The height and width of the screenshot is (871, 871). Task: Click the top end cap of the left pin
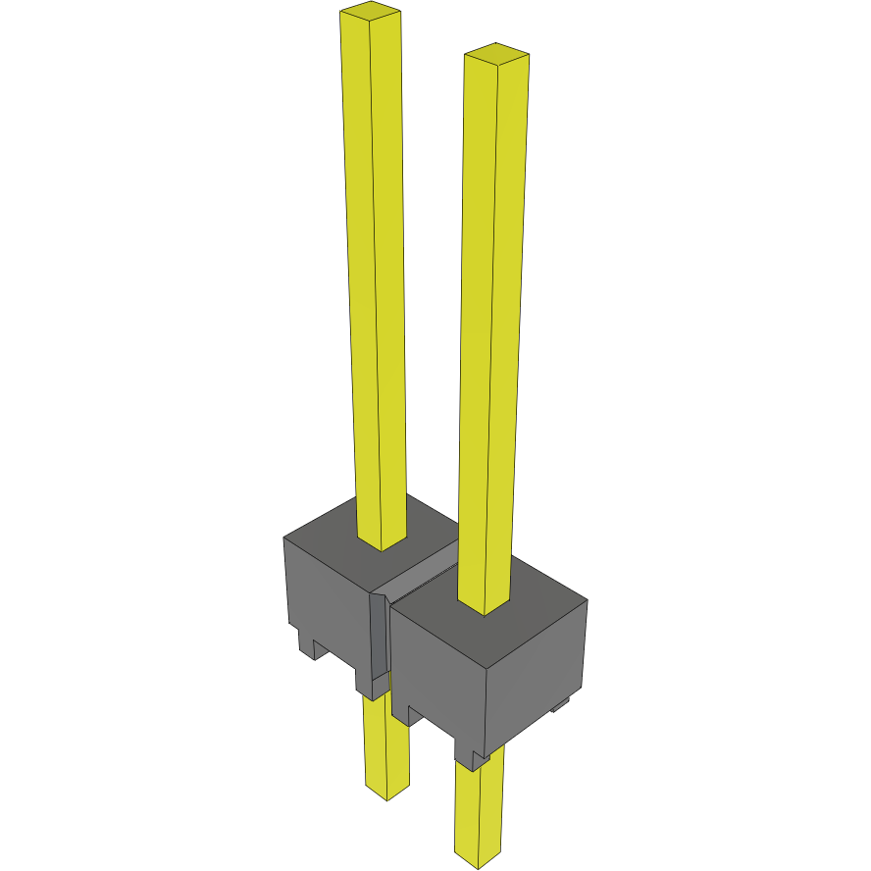pos(370,13)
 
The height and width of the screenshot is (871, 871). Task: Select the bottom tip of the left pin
pos(386,794)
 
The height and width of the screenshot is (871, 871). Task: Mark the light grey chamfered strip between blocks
pos(379,638)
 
